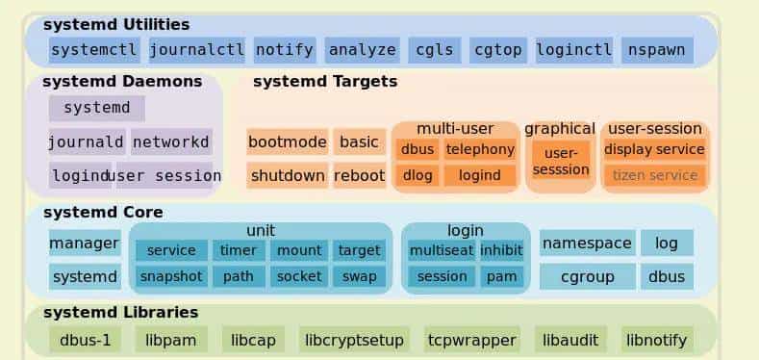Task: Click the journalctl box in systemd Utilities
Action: pos(196,50)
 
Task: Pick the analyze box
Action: pos(362,50)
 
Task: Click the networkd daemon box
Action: pos(171,142)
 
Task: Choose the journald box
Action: pos(87,142)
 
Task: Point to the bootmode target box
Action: pos(288,142)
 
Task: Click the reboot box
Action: pos(359,175)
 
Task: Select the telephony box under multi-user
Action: pos(480,149)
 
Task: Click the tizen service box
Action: pos(654,175)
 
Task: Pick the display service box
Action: pos(654,149)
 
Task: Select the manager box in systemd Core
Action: pos(84,243)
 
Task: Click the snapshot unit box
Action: pos(171,276)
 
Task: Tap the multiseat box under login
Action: pos(441,250)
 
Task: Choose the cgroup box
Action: pos(587,277)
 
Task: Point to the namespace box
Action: pos(587,243)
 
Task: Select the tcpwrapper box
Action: pos(471,340)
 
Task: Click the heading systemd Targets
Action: pos(325,82)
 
